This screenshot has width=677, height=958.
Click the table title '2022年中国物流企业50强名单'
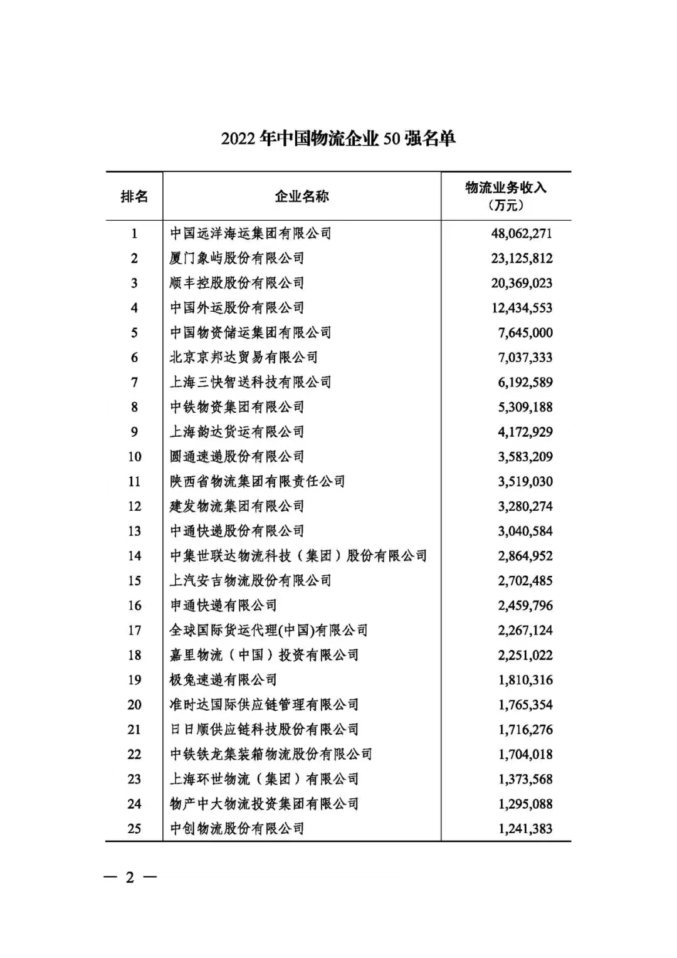(338, 138)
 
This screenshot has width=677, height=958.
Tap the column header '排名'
(134, 196)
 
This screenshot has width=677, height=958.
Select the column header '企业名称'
(302, 196)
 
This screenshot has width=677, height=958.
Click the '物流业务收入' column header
(505, 188)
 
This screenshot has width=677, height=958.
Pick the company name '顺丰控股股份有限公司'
(237, 283)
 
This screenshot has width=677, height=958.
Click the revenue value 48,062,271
(522, 233)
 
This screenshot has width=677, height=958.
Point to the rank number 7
(134, 382)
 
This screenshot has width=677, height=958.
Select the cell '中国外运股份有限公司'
(237, 308)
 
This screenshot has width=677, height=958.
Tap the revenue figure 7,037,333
(525, 358)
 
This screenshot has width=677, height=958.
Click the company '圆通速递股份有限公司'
(237, 457)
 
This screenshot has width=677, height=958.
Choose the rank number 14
(134, 556)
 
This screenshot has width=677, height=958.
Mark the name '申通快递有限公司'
(223, 605)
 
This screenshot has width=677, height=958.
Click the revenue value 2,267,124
(525, 631)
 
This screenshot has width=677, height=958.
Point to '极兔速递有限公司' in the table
(223, 680)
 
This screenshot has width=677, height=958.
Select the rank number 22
(134, 754)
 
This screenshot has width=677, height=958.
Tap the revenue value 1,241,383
(525, 829)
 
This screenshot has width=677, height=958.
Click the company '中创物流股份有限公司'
(237, 829)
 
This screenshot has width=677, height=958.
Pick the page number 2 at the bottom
(130, 877)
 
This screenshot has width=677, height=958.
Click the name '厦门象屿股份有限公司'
(237, 258)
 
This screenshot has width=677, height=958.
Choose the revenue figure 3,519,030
(525, 482)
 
